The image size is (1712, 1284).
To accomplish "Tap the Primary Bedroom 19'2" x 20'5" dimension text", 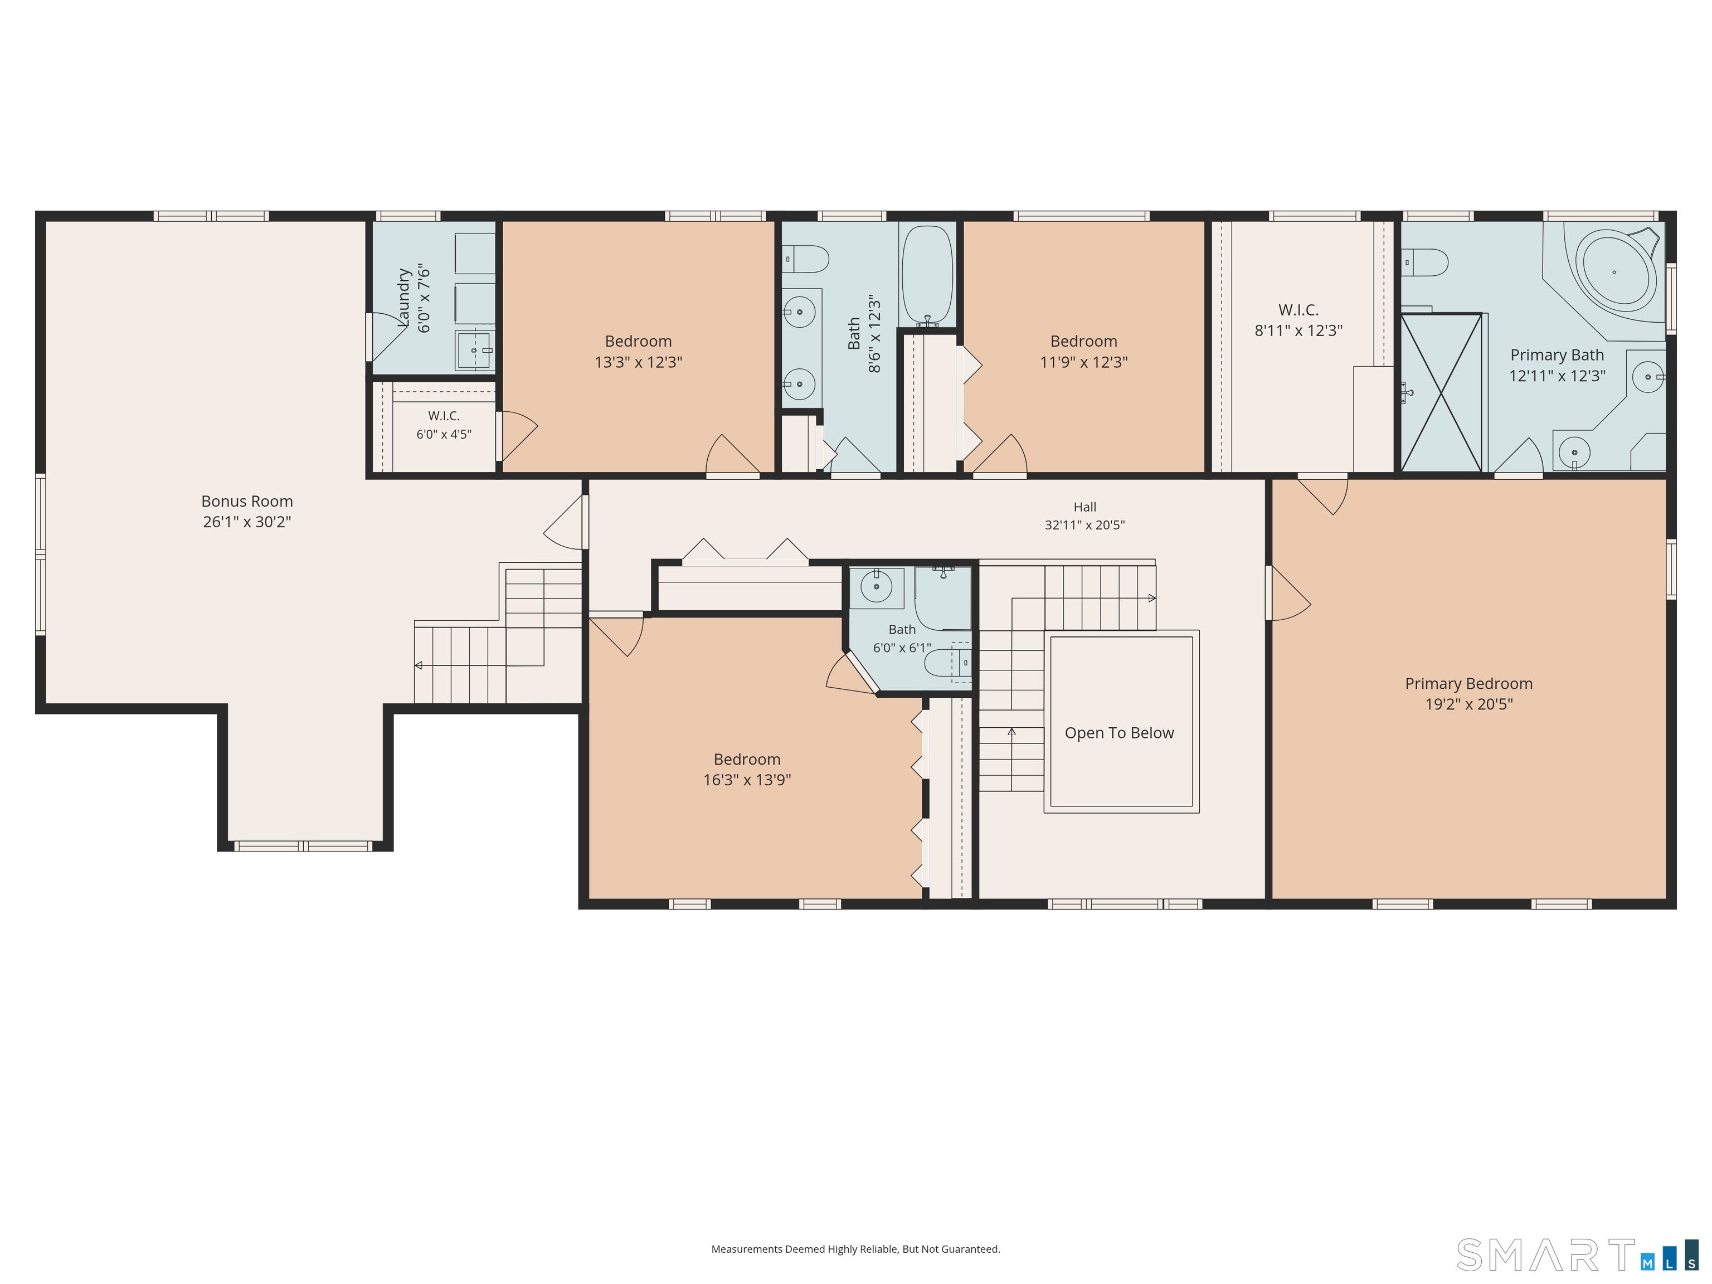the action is click(x=1469, y=704).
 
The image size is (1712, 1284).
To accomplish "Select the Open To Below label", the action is click(x=1119, y=733).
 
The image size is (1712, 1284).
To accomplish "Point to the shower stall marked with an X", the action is click(x=1441, y=392).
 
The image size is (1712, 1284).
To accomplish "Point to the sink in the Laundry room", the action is click(x=474, y=351).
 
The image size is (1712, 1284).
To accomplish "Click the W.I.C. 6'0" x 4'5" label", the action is click(x=444, y=425).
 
